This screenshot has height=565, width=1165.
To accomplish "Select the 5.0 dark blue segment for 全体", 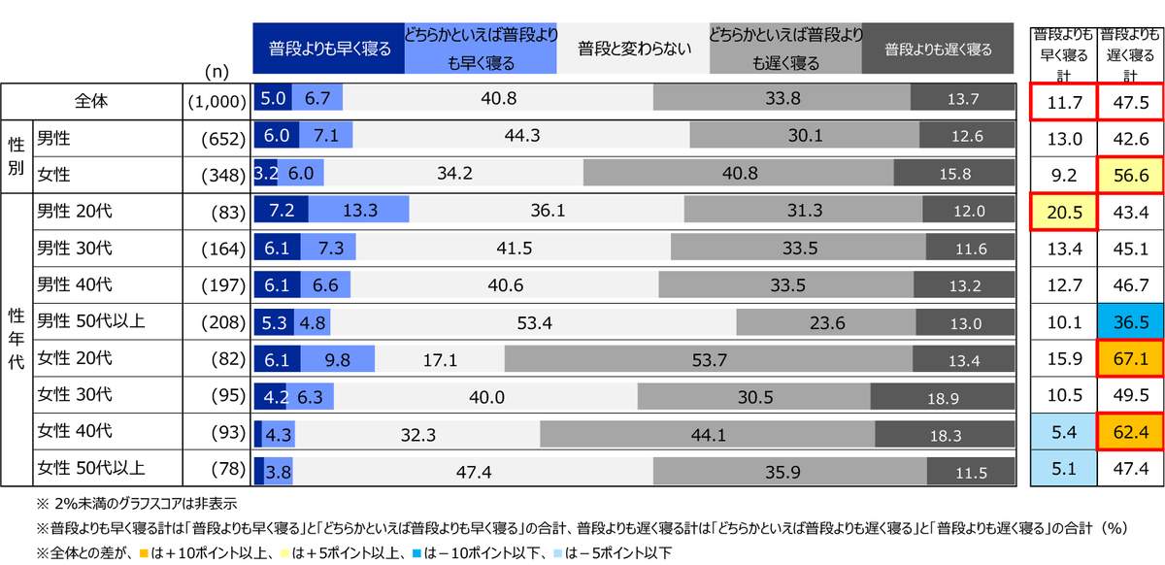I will [x=273, y=99].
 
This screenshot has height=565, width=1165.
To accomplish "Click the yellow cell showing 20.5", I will [x=1064, y=210].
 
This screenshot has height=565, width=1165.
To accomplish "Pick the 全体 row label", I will [x=93, y=99].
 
